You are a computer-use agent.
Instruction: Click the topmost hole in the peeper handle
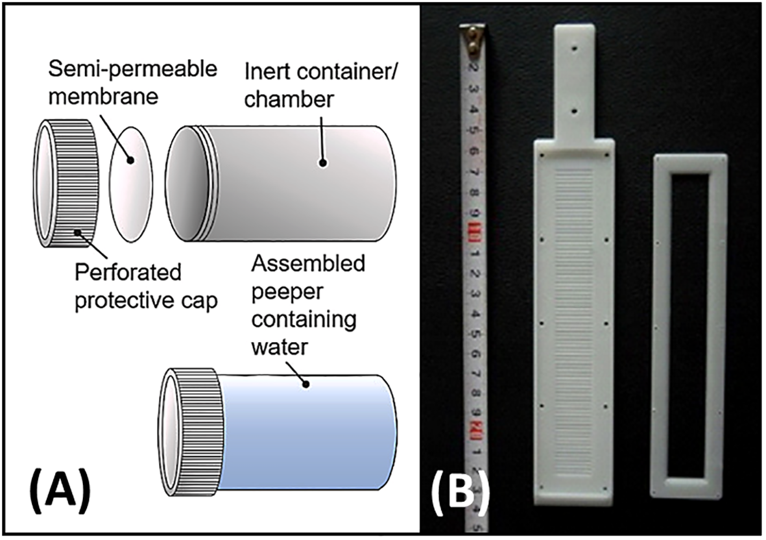[575, 47]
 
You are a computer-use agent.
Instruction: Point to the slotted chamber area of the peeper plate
[575, 312]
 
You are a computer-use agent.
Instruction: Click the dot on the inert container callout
[321, 162]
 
